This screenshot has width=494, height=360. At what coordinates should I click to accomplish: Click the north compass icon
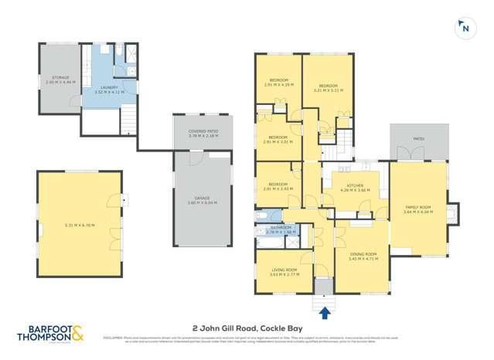[x=464, y=28]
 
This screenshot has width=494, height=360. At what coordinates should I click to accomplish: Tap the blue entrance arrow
[x=324, y=311]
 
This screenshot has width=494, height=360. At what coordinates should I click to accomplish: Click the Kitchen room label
[x=355, y=187]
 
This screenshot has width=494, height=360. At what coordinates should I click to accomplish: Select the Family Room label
[x=417, y=209]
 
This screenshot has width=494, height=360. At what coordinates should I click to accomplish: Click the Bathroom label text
[x=279, y=229]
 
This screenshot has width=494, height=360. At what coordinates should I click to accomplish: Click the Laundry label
[x=108, y=89]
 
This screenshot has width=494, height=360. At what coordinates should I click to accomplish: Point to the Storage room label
[x=61, y=78]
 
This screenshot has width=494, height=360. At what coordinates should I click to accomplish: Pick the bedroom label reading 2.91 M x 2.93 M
[x=278, y=188]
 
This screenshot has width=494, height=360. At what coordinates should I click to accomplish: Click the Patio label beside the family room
[x=418, y=139]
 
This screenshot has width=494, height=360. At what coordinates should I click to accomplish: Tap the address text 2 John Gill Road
[x=247, y=327]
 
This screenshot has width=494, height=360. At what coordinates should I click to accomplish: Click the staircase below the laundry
[x=129, y=121]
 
